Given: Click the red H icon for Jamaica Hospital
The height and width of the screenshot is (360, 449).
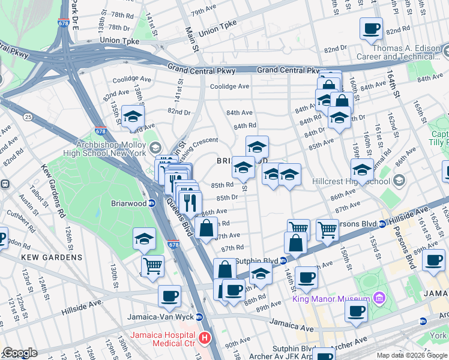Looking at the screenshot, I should pyautogui.click(x=206, y=338).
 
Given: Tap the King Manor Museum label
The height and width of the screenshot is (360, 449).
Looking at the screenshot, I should pyautogui.click(x=330, y=299).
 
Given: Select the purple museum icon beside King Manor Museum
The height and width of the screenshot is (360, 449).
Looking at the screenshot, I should pyautogui.click(x=378, y=298).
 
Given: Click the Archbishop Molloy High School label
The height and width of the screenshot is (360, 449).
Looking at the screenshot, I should pyautogui.click(x=110, y=149).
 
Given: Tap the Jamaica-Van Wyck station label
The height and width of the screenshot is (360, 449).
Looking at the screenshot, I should pyautogui.click(x=161, y=317).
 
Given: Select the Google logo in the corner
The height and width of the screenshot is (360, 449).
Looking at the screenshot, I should pyautogui.click(x=20, y=353).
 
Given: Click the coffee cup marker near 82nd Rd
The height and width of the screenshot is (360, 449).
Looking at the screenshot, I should pyautogui.click(x=371, y=28).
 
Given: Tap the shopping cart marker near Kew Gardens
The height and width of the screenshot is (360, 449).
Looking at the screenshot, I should pyautogui.click(x=153, y=264).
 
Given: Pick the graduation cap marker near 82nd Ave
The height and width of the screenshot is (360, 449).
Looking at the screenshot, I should pyautogui.click(x=133, y=116).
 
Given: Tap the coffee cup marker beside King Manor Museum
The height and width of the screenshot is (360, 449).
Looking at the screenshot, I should pyautogui.click(x=356, y=311).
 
